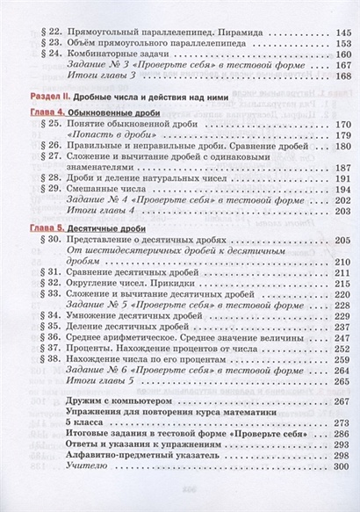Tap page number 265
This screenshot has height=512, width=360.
click(x=338, y=381)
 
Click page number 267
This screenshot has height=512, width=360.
click(x=338, y=400)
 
